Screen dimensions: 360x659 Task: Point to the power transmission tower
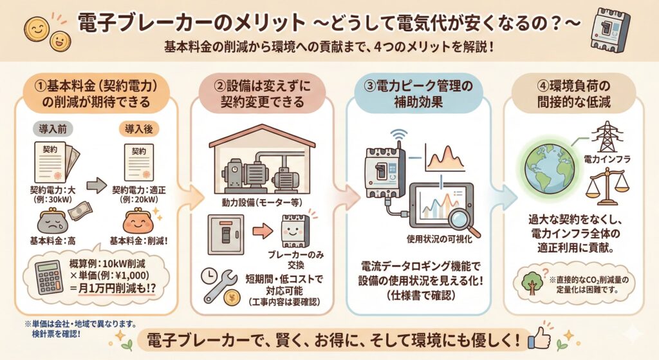tap(605, 137)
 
